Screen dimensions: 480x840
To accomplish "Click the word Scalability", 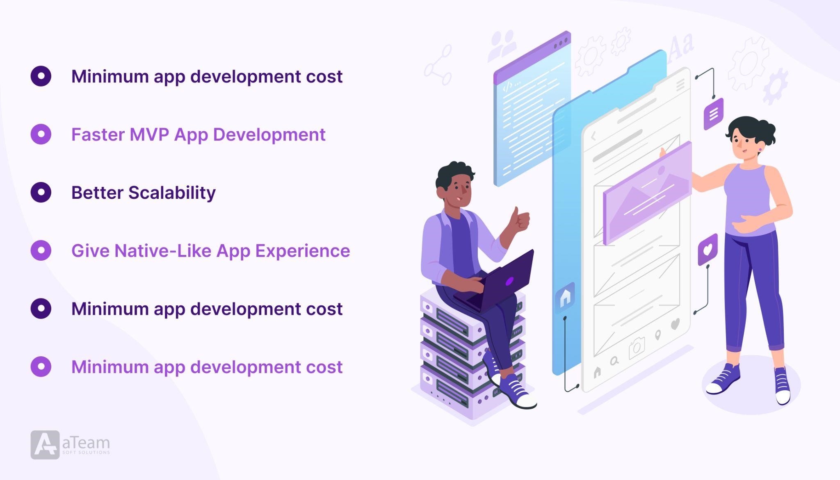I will (x=172, y=193).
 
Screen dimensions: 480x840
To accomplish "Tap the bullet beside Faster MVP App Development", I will (x=41, y=134).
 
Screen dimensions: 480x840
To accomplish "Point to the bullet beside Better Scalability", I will (x=41, y=192).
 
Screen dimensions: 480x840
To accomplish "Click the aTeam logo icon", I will (x=45, y=445).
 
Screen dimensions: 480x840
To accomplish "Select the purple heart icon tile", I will (x=708, y=250).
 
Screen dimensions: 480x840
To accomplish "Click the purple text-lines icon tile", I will (x=713, y=114).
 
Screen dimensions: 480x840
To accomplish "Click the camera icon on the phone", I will (x=637, y=348).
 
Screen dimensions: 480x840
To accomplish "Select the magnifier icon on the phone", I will (x=614, y=361).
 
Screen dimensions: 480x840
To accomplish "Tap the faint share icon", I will (x=438, y=66).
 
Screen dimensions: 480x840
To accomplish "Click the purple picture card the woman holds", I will (x=647, y=193).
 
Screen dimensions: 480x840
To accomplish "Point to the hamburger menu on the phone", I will (x=680, y=85).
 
